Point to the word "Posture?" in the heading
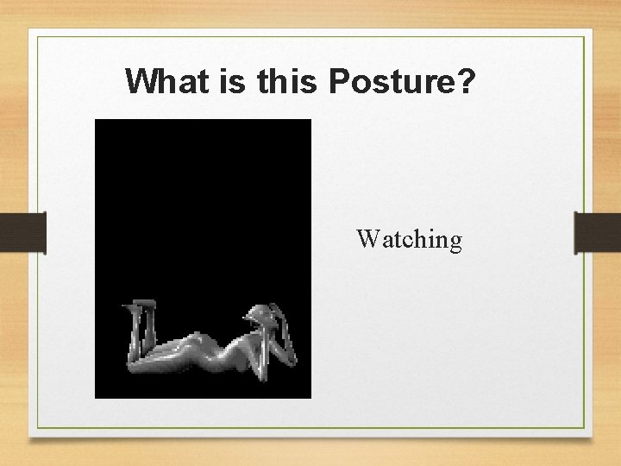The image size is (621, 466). tap(401, 81)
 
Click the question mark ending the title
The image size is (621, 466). tap(466, 81)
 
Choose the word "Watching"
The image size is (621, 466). tap(409, 239)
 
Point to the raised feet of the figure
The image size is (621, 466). tap(143, 305)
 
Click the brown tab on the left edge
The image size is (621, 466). tap(22, 232)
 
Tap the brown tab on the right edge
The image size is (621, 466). tap(597, 232)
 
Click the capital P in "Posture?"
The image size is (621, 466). tap(339, 81)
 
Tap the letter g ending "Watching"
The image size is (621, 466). tap(455, 242)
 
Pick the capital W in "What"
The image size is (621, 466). tap(141, 81)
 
